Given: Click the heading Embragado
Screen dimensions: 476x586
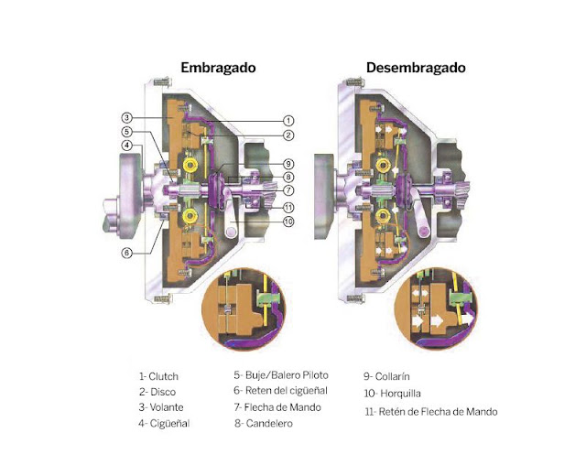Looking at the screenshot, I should tap(218, 69).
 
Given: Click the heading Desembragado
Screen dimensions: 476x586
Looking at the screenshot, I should tap(416, 69).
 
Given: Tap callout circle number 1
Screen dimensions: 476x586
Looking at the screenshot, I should tap(288, 120).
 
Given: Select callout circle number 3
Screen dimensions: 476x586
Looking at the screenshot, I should tap(127, 118).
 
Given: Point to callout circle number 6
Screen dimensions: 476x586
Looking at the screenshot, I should tap(127, 253).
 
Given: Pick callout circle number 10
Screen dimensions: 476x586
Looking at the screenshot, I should tap(288, 222).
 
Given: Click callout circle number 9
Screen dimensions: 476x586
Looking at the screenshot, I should tap(288, 165).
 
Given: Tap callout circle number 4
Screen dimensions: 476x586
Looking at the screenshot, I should tap(127, 146).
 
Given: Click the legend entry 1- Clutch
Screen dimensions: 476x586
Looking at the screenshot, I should tap(158, 375).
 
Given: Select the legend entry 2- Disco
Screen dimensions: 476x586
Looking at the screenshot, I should tap(156, 392).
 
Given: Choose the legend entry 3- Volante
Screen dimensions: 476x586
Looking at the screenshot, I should tap(161, 407).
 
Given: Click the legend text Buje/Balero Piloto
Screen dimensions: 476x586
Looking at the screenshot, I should tap(286, 375).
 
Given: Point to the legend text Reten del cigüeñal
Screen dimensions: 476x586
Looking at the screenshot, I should tap(286, 391).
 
